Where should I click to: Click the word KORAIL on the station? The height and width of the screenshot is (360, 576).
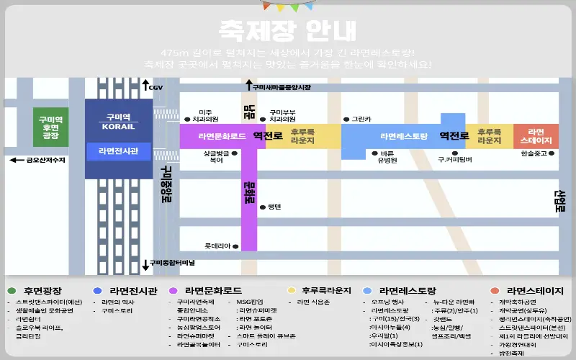[117, 127]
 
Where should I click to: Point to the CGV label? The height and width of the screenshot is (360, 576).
[156, 87]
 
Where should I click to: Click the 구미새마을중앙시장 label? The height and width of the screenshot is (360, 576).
[281, 87]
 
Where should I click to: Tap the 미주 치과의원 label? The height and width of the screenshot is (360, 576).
[205, 115]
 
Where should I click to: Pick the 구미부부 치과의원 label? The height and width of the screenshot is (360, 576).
[282, 115]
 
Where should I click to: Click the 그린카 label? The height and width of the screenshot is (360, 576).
[361, 119]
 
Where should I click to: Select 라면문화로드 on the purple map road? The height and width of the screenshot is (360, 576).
[221, 136]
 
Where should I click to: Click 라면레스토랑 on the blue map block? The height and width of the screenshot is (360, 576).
[404, 136]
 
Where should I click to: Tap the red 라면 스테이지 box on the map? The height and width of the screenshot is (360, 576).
[536, 136]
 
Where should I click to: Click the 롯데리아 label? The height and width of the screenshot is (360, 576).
[217, 246]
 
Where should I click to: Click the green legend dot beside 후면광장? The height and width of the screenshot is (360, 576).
[12, 291]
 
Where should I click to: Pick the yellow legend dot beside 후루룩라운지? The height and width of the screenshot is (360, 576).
[292, 291]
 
